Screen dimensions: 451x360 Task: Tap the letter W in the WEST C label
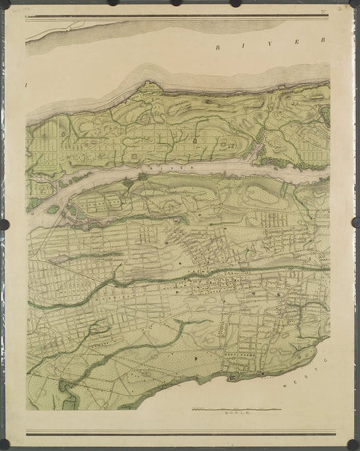click(285, 384)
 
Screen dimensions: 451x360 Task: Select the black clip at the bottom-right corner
click(353, 444)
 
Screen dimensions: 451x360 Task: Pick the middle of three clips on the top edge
click(176, 3)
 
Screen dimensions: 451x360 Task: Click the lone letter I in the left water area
click(28, 85)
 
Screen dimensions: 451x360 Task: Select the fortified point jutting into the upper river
click(147, 84)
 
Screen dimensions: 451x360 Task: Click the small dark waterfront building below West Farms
click(233, 377)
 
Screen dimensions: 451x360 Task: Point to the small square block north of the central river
click(134, 156)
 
